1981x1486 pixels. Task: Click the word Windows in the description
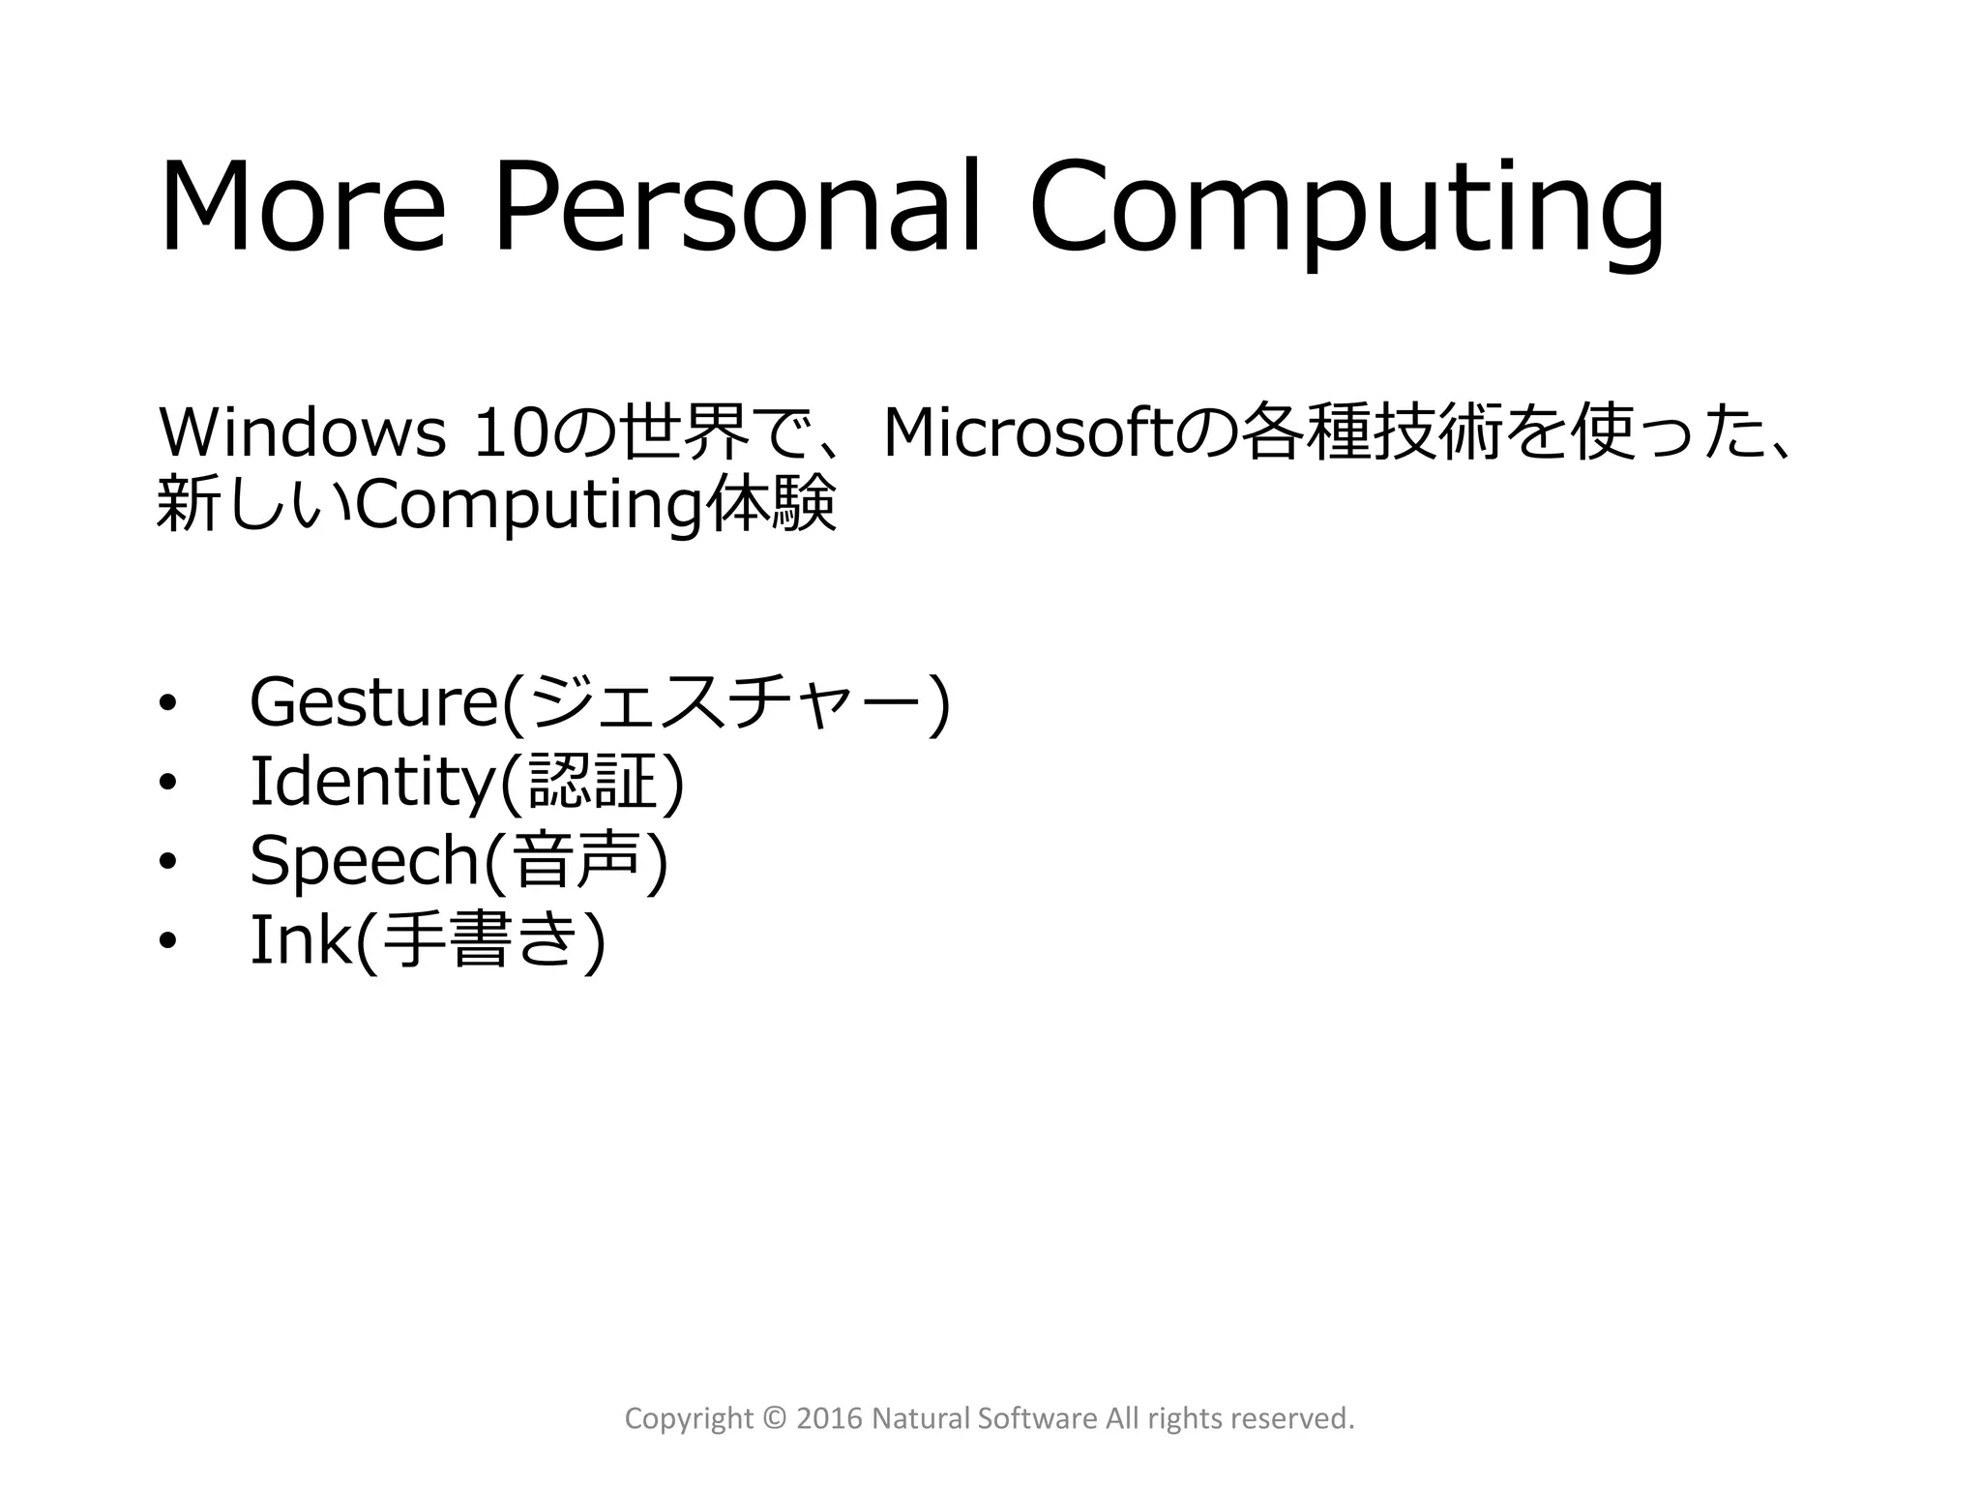point(301,433)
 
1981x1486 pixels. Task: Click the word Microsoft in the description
point(1027,433)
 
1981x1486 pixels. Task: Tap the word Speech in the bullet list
point(365,861)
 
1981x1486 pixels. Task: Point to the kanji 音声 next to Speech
point(577,861)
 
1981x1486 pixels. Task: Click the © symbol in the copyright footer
point(775,1418)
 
